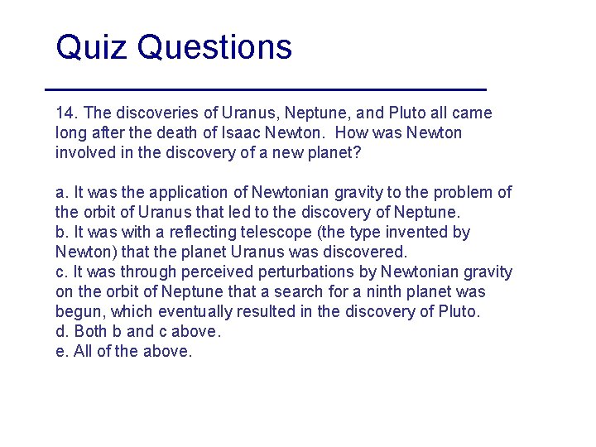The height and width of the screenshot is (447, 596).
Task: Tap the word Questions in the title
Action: (215, 47)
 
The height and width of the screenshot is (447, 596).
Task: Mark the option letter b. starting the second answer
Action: (60, 233)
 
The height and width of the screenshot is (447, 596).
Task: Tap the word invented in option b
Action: (409, 233)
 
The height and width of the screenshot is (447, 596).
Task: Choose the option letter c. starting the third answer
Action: (60, 272)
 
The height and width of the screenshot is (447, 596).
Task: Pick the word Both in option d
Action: (92, 332)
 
